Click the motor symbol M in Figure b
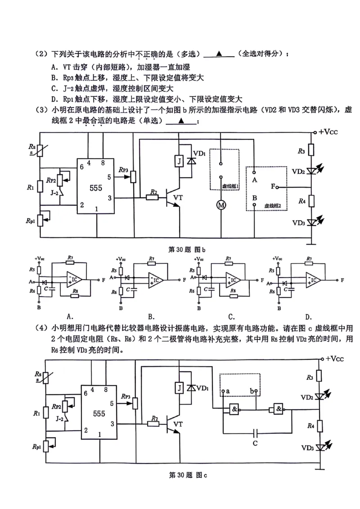click(x=221, y=205)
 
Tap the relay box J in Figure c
click(x=179, y=387)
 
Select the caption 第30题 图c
click(x=187, y=475)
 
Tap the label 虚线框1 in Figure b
click(x=229, y=185)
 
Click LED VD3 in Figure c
click(x=320, y=447)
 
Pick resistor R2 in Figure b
click(x=153, y=197)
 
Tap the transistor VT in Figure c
click(x=173, y=424)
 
